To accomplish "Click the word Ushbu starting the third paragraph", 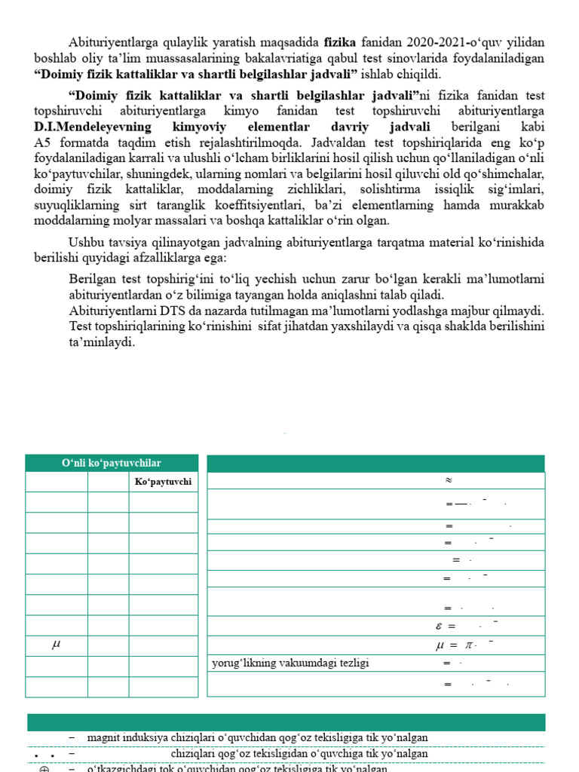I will click(x=86, y=242).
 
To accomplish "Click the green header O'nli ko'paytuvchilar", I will click(x=112, y=463).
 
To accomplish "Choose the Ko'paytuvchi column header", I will click(x=163, y=482).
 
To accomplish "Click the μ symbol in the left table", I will click(x=56, y=645).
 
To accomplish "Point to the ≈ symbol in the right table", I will click(x=449, y=480).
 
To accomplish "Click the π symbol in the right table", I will click(x=470, y=645).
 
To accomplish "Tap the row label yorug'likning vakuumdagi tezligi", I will click(x=290, y=663).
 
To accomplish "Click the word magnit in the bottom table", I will click(x=103, y=737).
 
